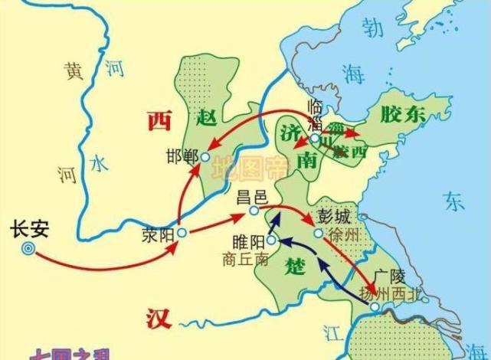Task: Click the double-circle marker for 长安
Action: pos(28,247)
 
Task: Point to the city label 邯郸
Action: pos(182,156)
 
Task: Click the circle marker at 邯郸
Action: pos(205,157)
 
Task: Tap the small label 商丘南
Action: pos(244,259)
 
